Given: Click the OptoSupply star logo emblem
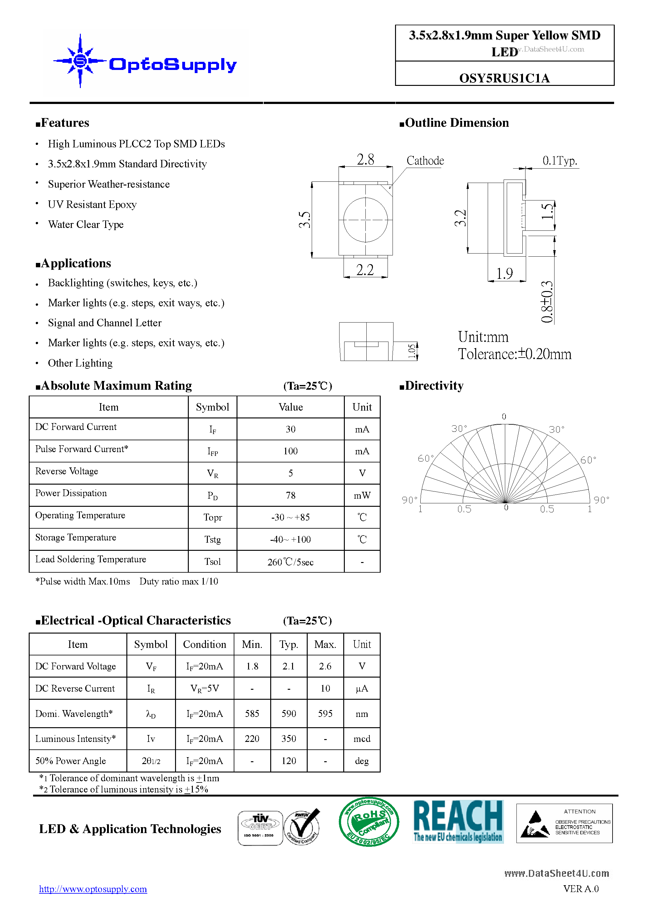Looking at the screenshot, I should (x=80, y=61).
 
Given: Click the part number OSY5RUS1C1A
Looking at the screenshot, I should (x=504, y=78).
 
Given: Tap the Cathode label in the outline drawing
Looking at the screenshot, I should (x=425, y=161).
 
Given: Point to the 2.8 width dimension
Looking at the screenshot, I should (x=365, y=160).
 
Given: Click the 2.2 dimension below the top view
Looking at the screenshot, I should (x=365, y=270).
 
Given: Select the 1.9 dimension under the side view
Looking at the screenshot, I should (x=504, y=274).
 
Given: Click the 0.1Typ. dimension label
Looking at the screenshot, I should (x=559, y=161).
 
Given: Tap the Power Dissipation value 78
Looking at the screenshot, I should (x=290, y=495).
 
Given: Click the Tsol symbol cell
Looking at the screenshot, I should (x=212, y=561).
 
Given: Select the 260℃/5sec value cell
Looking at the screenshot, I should (x=290, y=562).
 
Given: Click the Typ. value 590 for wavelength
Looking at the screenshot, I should (x=289, y=713).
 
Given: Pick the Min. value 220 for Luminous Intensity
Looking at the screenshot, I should (x=252, y=738).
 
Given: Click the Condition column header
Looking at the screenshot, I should (x=204, y=644).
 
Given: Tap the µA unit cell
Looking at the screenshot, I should (x=362, y=688).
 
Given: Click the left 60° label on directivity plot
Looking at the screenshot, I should (x=426, y=458).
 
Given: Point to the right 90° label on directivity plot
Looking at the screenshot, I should (x=601, y=500).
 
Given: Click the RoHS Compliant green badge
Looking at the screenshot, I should (x=369, y=822).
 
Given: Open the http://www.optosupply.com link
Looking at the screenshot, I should (x=93, y=889).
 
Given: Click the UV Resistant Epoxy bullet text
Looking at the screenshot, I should (x=92, y=205).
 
